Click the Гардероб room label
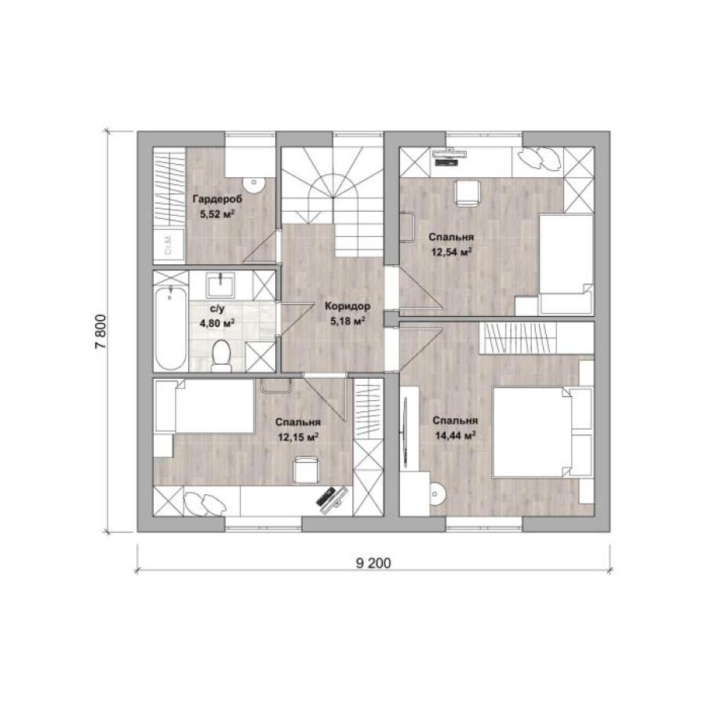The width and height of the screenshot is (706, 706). [x=217, y=199]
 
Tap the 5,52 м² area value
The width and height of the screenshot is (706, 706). [x=218, y=214]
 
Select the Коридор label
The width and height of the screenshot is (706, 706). [x=348, y=307]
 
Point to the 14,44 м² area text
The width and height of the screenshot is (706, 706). [x=456, y=435]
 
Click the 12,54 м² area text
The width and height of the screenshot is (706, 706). [x=452, y=252]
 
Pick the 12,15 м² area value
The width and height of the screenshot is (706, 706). [x=299, y=437]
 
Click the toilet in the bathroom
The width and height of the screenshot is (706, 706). [x=221, y=355]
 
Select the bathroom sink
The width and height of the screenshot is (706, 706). [x=220, y=285]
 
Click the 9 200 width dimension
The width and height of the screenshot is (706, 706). [x=373, y=562]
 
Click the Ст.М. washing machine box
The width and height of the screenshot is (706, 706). [x=169, y=245]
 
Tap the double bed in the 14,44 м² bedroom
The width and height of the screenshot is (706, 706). [x=543, y=431]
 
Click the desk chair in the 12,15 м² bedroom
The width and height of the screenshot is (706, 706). [x=306, y=469]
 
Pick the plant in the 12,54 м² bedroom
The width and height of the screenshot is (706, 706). [x=538, y=158]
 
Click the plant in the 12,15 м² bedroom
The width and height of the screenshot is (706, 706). [x=205, y=503]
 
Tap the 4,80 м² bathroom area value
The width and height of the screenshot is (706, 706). [x=217, y=323]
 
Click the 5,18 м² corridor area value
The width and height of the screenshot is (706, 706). [x=348, y=321]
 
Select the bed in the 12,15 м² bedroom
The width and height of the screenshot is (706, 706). [x=205, y=406]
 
